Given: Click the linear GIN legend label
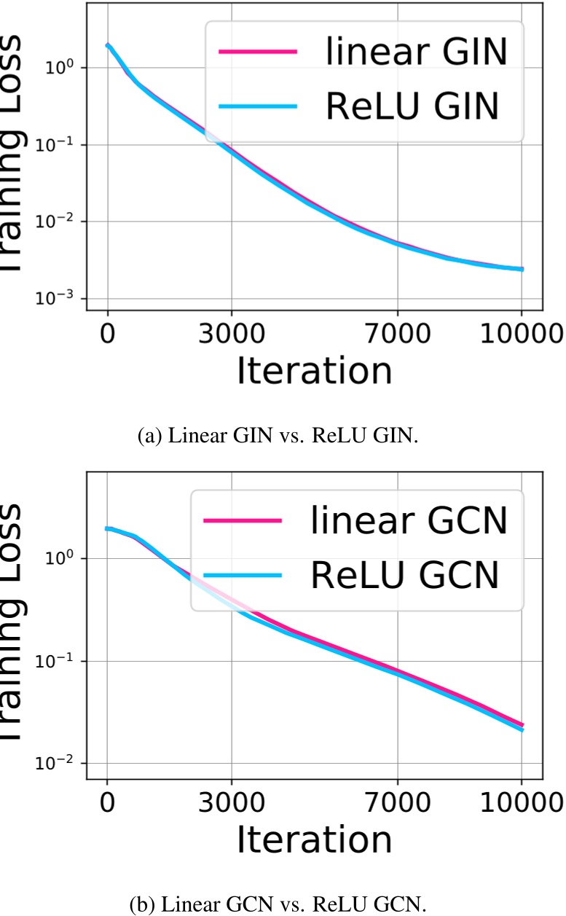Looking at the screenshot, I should [412, 53].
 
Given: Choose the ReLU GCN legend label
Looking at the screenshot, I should [405, 575].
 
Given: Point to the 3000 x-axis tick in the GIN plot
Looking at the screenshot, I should [232, 339].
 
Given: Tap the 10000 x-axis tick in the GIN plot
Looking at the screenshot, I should [522, 339].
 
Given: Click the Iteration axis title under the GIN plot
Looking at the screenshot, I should [314, 372].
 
